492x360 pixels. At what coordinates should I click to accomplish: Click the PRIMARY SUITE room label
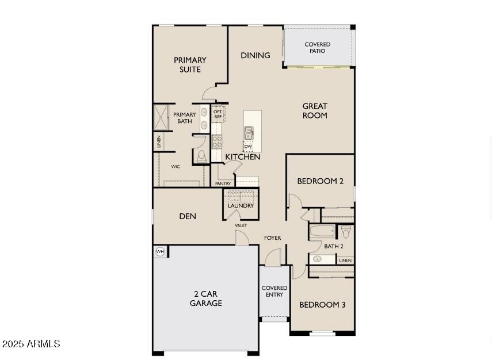click(x=190, y=64)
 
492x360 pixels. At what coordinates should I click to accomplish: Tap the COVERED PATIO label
click(x=317, y=48)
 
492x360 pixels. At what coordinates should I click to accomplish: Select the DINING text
click(x=255, y=55)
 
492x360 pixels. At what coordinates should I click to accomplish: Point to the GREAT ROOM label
click(x=315, y=110)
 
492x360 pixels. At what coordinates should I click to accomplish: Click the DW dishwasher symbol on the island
click(x=248, y=147)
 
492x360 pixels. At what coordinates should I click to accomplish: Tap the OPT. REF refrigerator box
click(x=218, y=114)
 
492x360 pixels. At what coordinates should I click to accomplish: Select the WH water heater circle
click(x=160, y=251)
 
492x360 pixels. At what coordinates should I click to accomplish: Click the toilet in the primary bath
click(x=201, y=156)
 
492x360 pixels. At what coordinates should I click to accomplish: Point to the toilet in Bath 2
click(x=346, y=231)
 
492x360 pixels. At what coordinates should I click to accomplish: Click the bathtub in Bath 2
click(x=322, y=232)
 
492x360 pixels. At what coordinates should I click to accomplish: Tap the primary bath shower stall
click(x=161, y=117)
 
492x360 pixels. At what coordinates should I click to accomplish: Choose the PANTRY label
click(x=223, y=183)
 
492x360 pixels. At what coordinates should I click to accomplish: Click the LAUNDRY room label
click(x=241, y=205)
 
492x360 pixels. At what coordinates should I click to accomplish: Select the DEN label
click(x=188, y=216)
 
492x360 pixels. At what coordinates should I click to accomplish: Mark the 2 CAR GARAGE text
click(x=205, y=298)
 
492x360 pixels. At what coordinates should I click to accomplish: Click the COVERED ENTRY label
click(x=274, y=291)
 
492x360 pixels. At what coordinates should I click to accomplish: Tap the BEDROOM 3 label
click(x=322, y=305)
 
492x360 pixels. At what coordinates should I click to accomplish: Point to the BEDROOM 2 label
click(x=320, y=181)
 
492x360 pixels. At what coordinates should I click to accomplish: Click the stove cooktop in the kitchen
click(x=217, y=141)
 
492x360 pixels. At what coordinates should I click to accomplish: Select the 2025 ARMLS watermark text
click(x=31, y=344)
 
